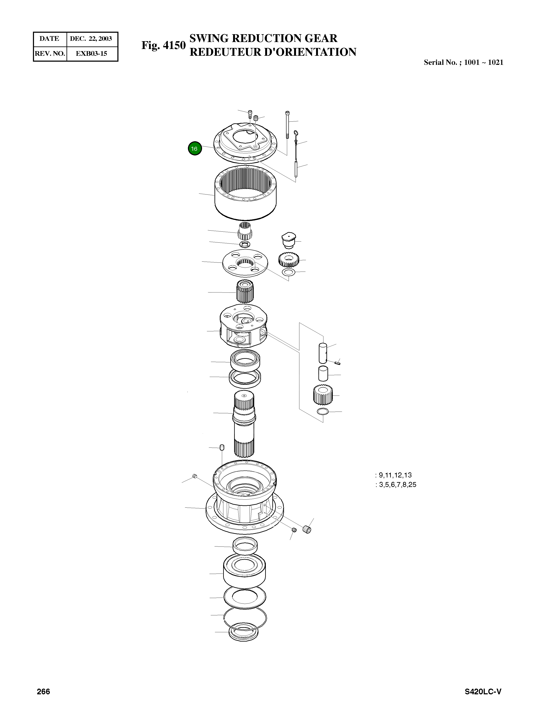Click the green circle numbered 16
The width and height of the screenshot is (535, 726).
click(x=195, y=149)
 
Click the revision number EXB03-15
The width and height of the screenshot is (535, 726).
click(x=91, y=53)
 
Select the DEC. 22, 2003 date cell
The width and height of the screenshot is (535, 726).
click(x=91, y=38)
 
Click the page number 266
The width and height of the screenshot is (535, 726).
click(x=43, y=692)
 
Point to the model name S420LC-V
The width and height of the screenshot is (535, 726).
click(x=483, y=692)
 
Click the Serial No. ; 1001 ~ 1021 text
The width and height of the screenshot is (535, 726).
click(x=463, y=63)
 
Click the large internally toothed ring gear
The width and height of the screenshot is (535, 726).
click(x=246, y=194)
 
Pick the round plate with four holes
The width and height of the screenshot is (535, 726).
click(x=245, y=262)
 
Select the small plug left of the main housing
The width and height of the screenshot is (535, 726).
click(x=194, y=476)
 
